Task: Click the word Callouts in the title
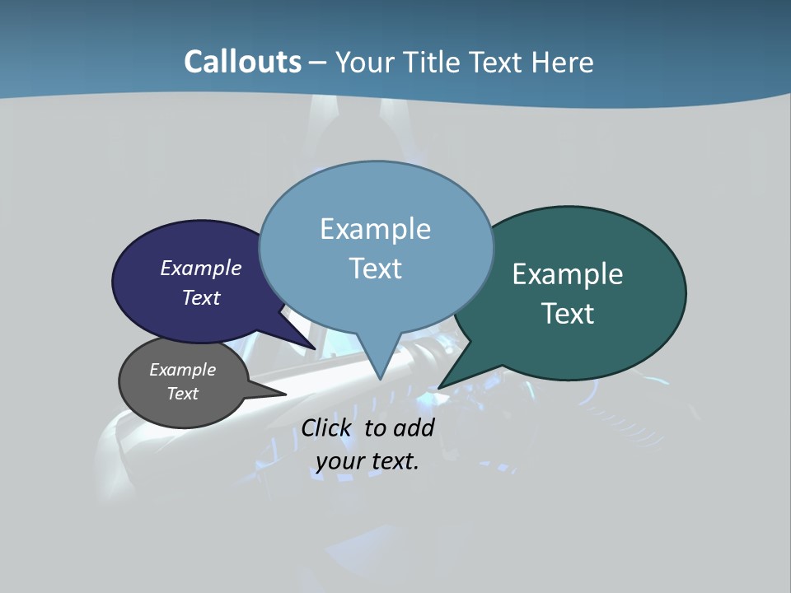[x=242, y=62]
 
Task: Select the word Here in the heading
[x=563, y=62]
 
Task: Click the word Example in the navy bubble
[x=201, y=268]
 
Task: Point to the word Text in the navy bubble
[x=201, y=297]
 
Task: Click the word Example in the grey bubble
[x=183, y=370]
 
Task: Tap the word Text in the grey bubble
[x=183, y=394]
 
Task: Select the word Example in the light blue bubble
[x=376, y=229]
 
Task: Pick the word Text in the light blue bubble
[x=376, y=268]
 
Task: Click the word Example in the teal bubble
[x=568, y=274]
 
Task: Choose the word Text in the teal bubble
[x=568, y=314]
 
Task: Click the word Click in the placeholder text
[x=327, y=427]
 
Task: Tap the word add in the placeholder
[x=414, y=427]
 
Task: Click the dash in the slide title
[x=318, y=63]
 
